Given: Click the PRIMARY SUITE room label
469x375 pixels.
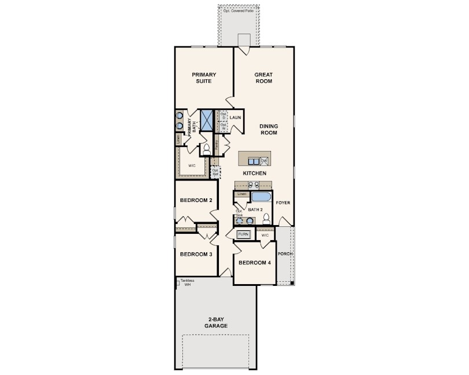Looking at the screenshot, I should click(204, 78).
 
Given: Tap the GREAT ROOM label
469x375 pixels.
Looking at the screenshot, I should click(263, 78).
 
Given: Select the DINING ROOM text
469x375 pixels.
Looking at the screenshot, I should click(268, 129).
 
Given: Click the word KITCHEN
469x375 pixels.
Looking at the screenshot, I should click(254, 173).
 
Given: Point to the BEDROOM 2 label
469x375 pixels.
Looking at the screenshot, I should click(196, 200).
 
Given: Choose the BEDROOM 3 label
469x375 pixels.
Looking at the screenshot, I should click(196, 254).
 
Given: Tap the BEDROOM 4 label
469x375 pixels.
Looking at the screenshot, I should click(255, 263).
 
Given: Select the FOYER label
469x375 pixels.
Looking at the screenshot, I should click(283, 203).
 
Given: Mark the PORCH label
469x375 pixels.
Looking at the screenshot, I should click(284, 254).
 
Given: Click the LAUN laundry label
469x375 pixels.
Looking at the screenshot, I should click(235, 117).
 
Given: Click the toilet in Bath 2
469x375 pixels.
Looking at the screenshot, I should click(266, 219).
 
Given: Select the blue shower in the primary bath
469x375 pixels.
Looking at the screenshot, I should click(207, 120).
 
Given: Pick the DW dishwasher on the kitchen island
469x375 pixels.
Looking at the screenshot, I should click(263, 161).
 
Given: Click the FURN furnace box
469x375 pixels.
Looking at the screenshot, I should click(243, 234).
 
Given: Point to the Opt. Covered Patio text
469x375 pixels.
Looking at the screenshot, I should click(239, 11).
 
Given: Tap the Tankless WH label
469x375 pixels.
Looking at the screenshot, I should click(186, 283).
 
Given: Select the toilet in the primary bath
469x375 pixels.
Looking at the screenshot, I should click(206, 149).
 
